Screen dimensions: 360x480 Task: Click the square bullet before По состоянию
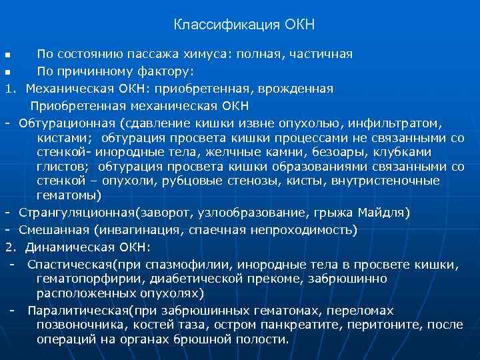[x=7, y=54]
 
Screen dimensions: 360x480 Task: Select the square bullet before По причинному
[x=7, y=71]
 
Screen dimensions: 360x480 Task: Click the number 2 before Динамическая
[x=10, y=247]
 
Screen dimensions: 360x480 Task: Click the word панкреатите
[x=303, y=325]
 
